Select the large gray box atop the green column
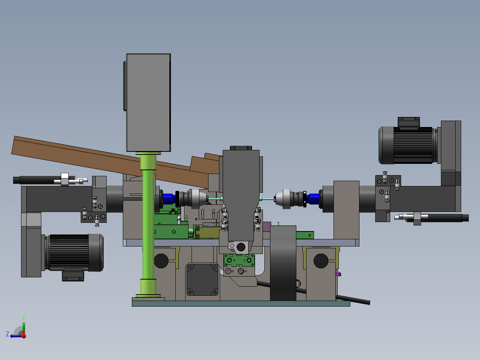(148, 102)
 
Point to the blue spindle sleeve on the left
(169, 198)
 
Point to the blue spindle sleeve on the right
(313, 199)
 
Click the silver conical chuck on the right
(285, 199)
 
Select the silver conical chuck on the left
(196, 199)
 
